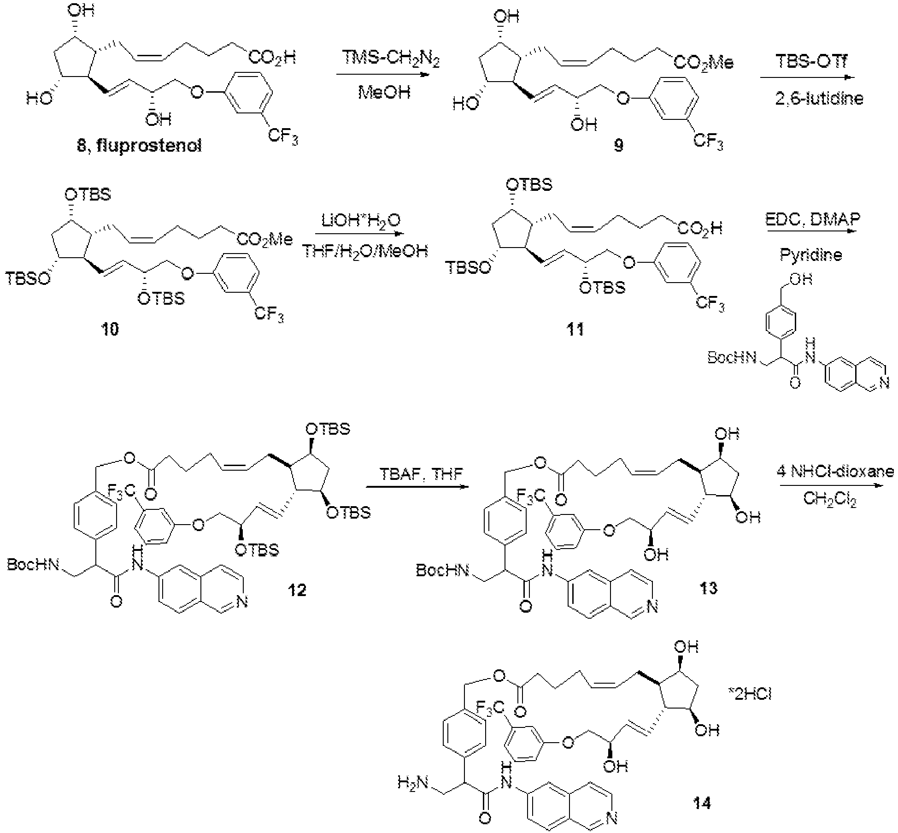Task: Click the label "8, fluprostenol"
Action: (139, 147)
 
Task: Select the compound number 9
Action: (619, 145)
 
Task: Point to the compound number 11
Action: (575, 329)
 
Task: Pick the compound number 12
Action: (297, 590)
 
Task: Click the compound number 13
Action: (708, 588)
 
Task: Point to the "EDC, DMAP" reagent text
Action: (812, 219)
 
